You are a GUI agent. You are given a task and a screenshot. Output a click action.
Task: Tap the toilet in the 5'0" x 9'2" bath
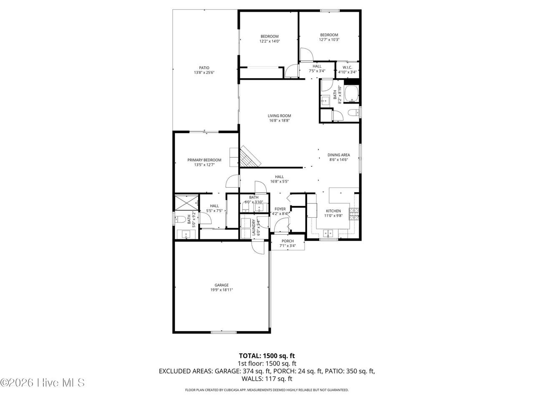[x=181, y=219]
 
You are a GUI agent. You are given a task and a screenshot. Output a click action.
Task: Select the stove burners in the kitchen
[x=354, y=214]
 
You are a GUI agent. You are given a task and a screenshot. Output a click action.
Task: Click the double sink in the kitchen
[x=328, y=233]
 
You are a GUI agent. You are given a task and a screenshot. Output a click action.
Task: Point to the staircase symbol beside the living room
[x=250, y=156]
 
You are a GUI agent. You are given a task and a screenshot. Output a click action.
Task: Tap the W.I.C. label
[x=347, y=67]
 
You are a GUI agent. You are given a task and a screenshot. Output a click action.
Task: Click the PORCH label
[x=287, y=241]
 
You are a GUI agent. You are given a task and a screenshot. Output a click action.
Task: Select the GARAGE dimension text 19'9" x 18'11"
[x=222, y=290]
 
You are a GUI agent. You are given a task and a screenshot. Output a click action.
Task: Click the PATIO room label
[x=204, y=68]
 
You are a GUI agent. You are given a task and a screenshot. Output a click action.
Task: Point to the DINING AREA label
[x=339, y=155]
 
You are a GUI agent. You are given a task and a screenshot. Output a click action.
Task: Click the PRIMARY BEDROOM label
[x=204, y=160]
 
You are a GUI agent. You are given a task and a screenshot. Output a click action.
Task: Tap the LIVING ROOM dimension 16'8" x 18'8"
[x=279, y=121]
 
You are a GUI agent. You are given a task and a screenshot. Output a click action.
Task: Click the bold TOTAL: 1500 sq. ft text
[x=267, y=356]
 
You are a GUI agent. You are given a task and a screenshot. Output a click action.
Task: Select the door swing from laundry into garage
[x=258, y=247]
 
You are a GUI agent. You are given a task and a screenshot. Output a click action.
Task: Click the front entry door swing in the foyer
[x=281, y=225]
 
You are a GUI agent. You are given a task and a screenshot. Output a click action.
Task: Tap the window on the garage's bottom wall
[x=224, y=332]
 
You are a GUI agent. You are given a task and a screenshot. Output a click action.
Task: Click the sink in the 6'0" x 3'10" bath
[x=259, y=208]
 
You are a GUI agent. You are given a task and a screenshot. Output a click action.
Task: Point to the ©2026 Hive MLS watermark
[x=43, y=383]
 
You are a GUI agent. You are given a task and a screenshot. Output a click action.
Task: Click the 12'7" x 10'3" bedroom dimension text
[x=329, y=39]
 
